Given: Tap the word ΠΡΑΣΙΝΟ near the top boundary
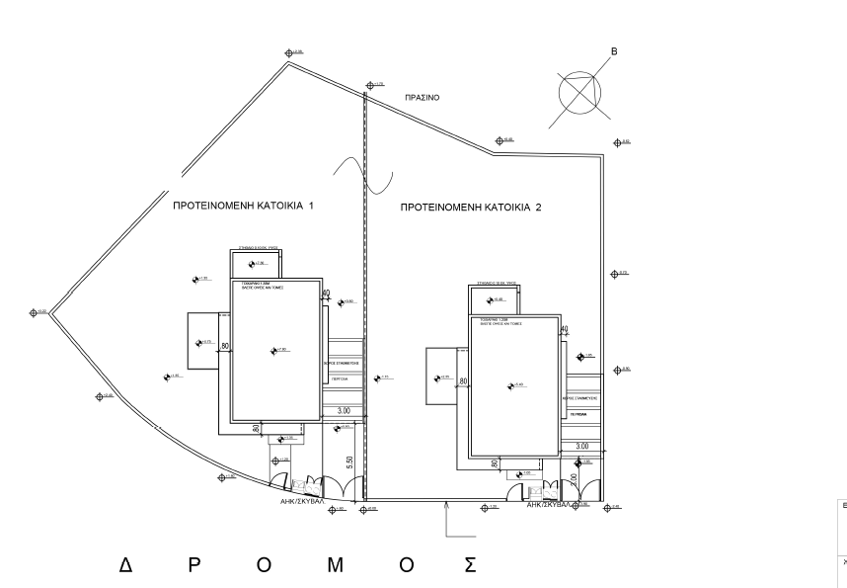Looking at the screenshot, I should coord(422,99).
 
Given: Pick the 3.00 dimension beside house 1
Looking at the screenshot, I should coord(345,410).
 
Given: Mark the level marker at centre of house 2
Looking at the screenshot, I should coord(510,385).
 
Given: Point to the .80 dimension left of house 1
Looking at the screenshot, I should coord(226,346).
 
